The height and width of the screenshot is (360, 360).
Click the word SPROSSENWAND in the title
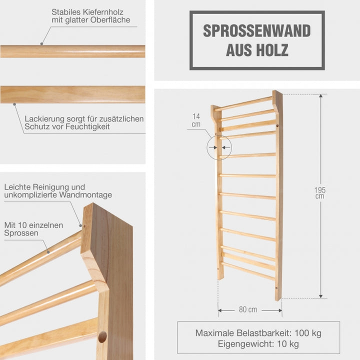tap(256, 30)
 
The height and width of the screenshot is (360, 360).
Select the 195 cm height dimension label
tap(320, 192)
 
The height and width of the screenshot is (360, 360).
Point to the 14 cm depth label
tap(196, 120)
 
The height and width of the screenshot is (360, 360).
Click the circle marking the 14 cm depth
tap(218, 147)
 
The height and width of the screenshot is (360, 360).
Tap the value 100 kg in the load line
tap(308, 333)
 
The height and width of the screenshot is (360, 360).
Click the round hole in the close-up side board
tap(102, 337)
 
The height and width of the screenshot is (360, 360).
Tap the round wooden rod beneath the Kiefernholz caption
tap(72, 51)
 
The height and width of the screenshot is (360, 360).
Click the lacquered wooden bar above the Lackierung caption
tap(72, 95)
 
